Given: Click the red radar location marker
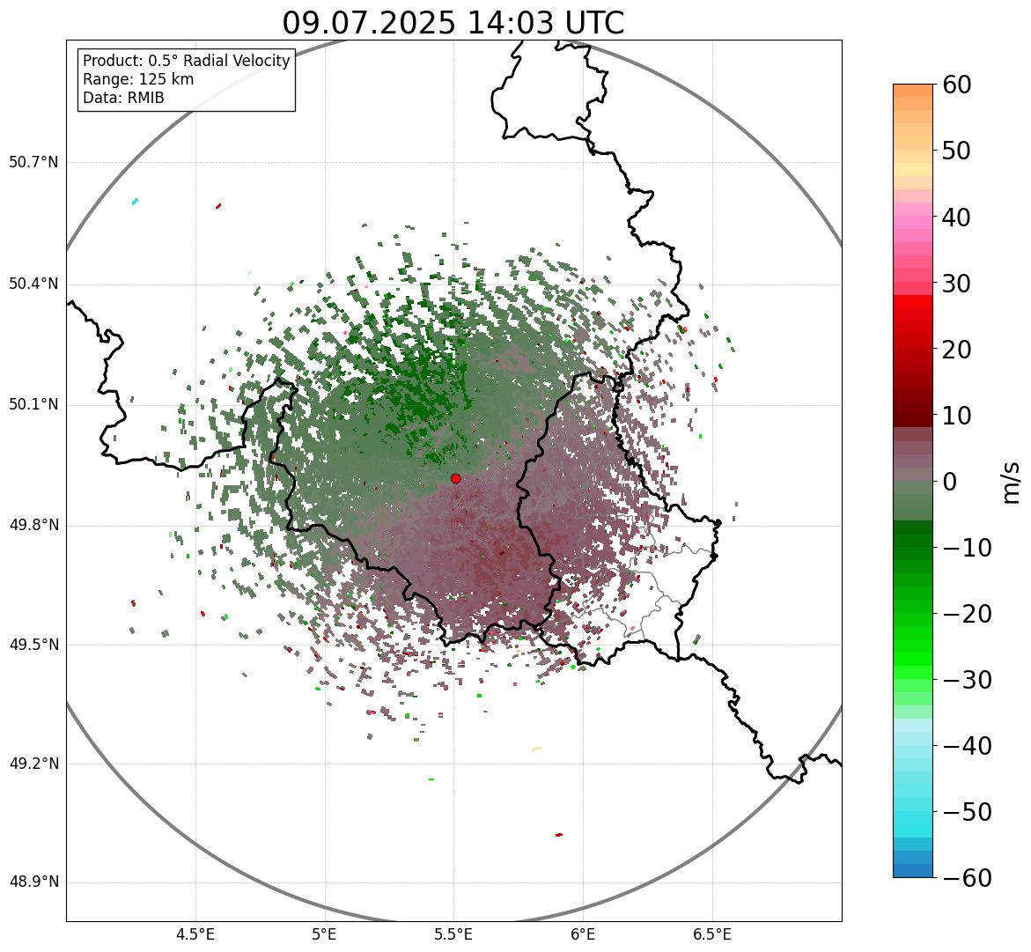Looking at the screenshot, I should (x=456, y=478).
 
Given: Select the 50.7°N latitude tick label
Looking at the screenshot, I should (x=33, y=162).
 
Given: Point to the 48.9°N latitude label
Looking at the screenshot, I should (x=33, y=882).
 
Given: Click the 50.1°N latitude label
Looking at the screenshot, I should (x=33, y=405).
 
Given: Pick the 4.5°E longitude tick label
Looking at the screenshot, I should (x=195, y=934).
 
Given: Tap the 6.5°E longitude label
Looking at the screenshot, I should (x=711, y=934).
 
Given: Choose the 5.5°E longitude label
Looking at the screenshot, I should (x=453, y=934).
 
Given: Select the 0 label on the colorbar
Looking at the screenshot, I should (x=950, y=482).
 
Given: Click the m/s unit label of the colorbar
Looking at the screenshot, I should (x=1011, y=482).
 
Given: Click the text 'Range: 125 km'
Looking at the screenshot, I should (x=138, y=79).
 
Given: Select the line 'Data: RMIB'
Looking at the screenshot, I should (x=123, y=98).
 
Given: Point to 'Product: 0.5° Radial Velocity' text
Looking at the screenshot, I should (x=186, y=61).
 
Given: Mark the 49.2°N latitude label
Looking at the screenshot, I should (x=33, y=764).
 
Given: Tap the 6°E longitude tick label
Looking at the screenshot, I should (x=583, y=934).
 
